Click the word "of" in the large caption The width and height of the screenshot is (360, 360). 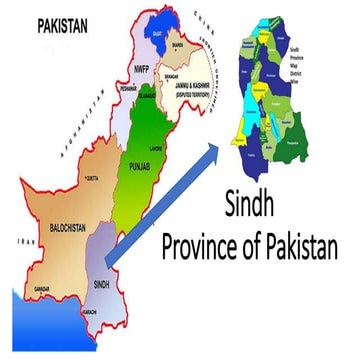262,243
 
